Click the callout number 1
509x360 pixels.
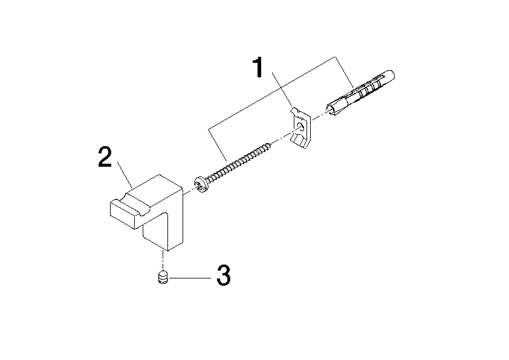click(258, 68)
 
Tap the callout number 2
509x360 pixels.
click(105, 157)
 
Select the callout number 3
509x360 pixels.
click(223, 275)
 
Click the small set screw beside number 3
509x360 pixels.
click(163, 277)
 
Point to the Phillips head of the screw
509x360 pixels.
click(201, 185)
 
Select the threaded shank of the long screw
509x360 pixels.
click(239, 161)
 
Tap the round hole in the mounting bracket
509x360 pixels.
click(300, 127)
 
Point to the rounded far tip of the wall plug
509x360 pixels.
click(391, 75)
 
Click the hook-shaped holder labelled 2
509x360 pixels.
click(147, 213)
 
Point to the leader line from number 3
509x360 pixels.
click(190, 278)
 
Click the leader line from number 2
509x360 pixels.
click(125, 175)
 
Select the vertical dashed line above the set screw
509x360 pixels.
click(163, 260)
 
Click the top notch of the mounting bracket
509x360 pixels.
click(295, 111)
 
